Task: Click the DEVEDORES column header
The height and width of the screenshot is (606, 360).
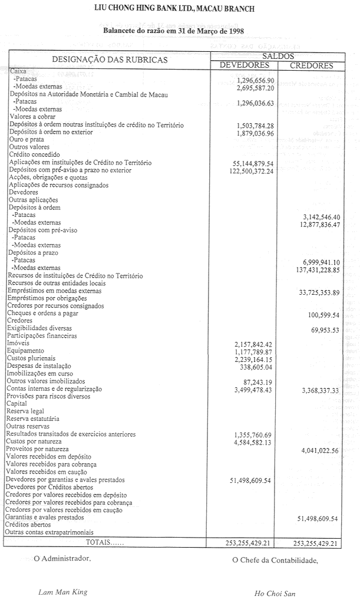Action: [244, 65]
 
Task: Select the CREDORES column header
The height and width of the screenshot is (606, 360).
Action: [311, 65]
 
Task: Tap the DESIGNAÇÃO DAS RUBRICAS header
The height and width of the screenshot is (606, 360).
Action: [110, 60]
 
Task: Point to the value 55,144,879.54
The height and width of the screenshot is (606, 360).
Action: [254, 163]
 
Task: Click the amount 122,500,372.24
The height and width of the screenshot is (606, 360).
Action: [252, 171]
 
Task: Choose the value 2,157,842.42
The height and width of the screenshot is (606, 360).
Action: [254, 344]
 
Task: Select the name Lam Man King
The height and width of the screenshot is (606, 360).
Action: [62, 592]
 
